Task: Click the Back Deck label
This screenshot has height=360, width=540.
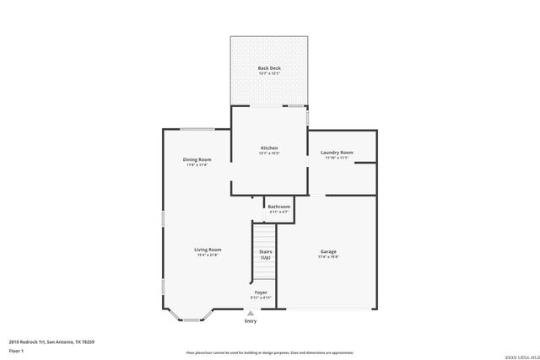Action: pyautogui.click(x=269, y=67)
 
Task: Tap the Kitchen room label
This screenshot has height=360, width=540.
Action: pyautogui.click(x=268, y=148)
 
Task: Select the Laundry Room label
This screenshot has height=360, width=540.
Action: pyautogui.click(x=337, y=153)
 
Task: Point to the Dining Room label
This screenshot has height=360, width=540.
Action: pyautogui.click(x=197, y=159)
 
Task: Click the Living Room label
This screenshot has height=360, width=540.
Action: pyautogui.click(x=208, y=250)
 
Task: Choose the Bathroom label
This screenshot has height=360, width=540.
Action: pyautogui.click(x=279, y=207)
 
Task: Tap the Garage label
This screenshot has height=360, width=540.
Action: pyautogui.click(x=328, y=251)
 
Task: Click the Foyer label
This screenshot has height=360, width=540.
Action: pyautogui.click(x=261, y=292)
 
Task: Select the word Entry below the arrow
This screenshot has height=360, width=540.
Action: pyautogui.click(x=251, y=321)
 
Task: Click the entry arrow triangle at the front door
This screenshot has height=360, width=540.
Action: pyautogui.click(x=250, y=312)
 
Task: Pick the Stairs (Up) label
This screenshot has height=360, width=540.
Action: pyautogui.click(x=265, y=254)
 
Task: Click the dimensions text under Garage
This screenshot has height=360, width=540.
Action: pyautogui.click(x=328, y=256)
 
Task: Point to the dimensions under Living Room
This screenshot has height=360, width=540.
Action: pyautogui.click(x=208, y=255)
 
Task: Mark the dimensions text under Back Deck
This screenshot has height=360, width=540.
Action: pyautogui.click(x=269, y=73)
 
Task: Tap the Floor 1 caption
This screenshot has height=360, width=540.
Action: pyautogui.click(x=16, y=350)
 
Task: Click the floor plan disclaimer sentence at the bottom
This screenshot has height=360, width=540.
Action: pyautogui.click(x=269, y=352)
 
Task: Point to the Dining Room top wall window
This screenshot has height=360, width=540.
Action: pyautogui.click(x=197, y=129)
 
